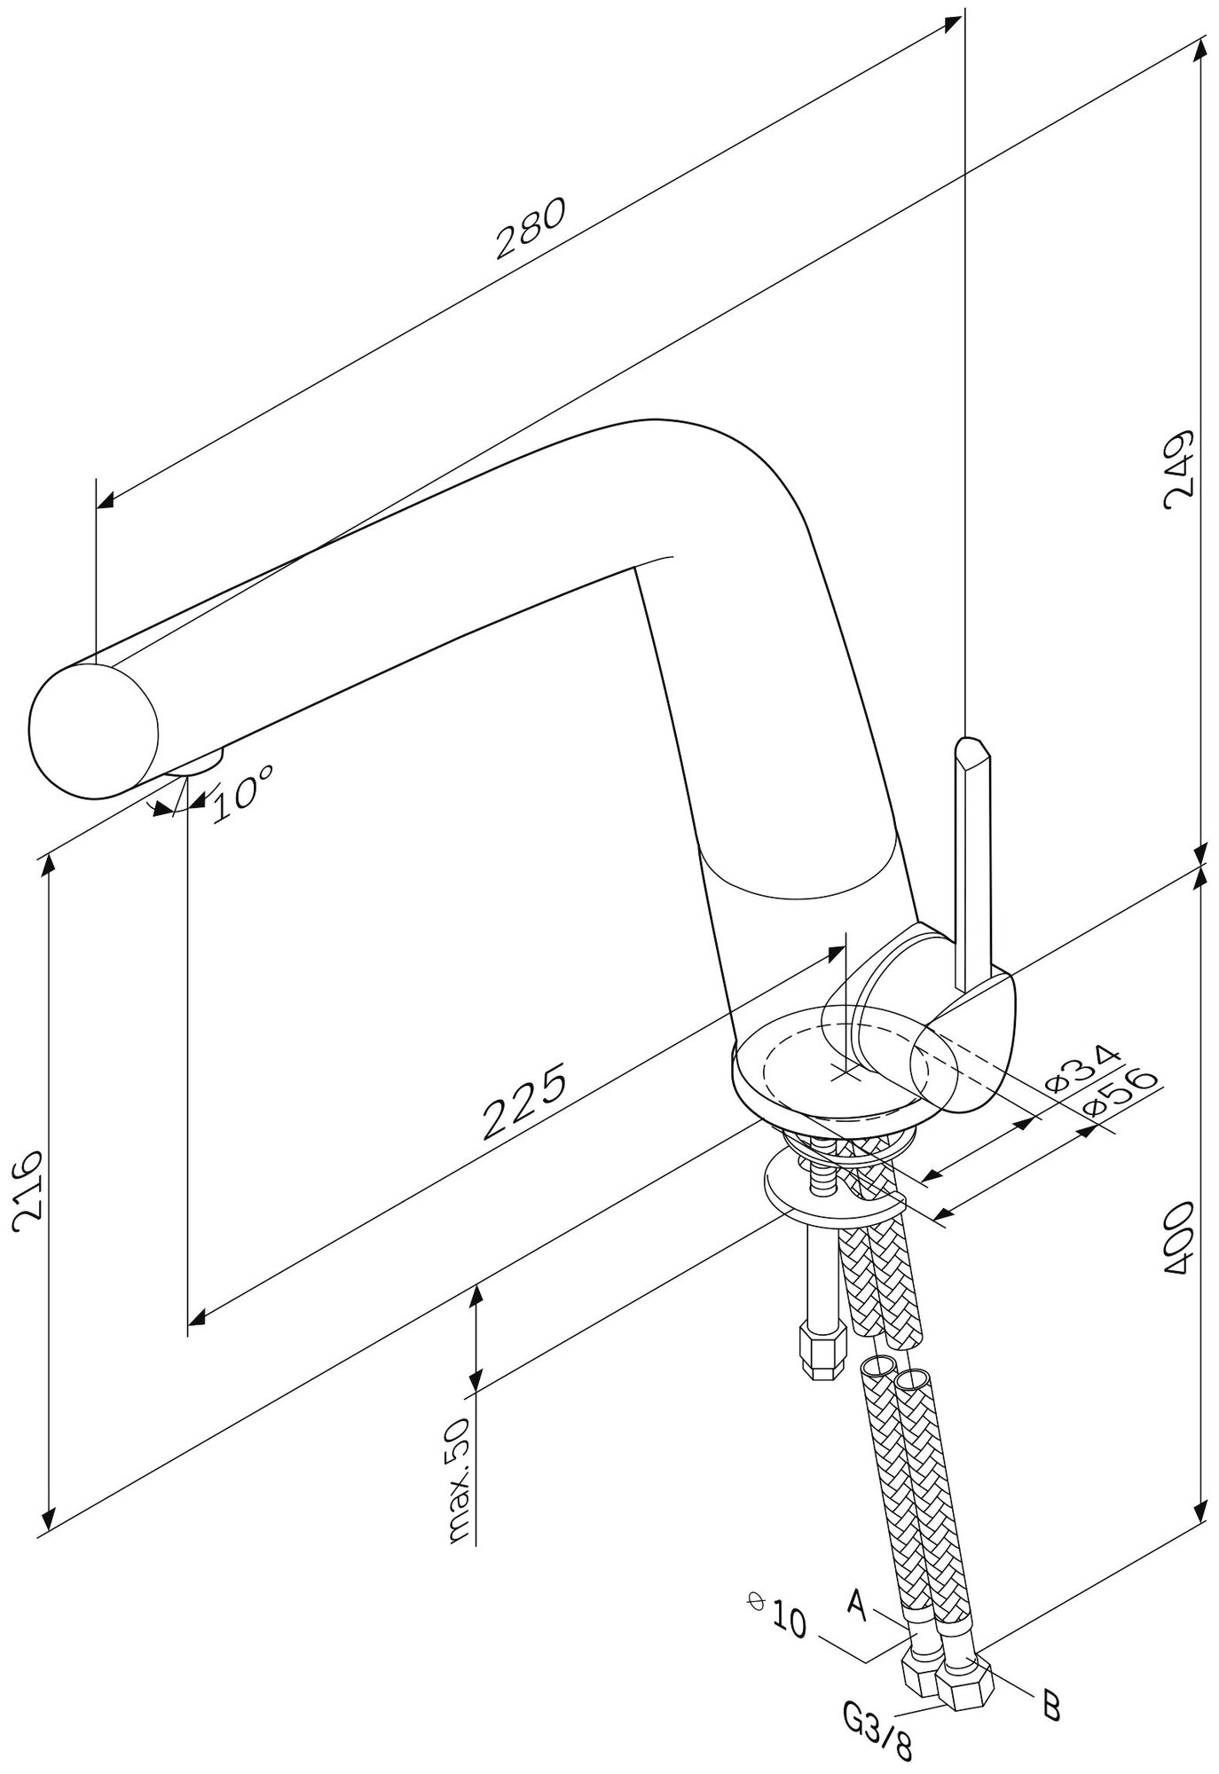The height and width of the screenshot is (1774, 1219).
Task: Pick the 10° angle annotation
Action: (241, 789)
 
